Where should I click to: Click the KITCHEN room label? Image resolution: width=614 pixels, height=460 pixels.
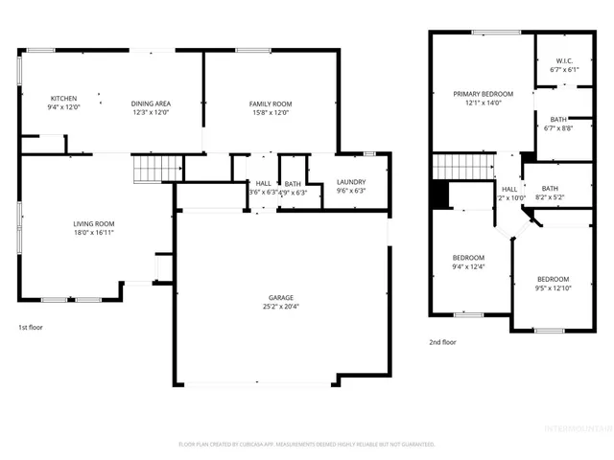pos(63,99)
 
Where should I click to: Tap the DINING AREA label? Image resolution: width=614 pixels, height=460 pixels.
pos(151,103)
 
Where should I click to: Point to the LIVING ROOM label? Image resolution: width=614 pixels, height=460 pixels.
pos(94,224)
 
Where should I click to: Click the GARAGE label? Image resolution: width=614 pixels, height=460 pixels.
pos(281,298)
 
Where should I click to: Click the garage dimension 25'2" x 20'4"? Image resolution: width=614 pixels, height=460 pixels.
pos(281,307)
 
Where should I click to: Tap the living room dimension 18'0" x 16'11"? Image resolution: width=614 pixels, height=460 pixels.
pos(94,232)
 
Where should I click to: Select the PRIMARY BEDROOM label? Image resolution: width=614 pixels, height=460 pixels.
pos(484,94)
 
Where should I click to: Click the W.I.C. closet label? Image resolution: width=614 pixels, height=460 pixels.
pos(563,61)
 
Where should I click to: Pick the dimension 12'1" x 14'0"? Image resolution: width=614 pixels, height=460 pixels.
pos(484,103)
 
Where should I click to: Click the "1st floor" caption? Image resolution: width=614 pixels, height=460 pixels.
pos(32,327)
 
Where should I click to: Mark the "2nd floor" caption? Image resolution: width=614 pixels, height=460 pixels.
pos(442,341)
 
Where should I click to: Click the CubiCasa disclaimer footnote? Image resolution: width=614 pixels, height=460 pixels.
pos(307,444)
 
